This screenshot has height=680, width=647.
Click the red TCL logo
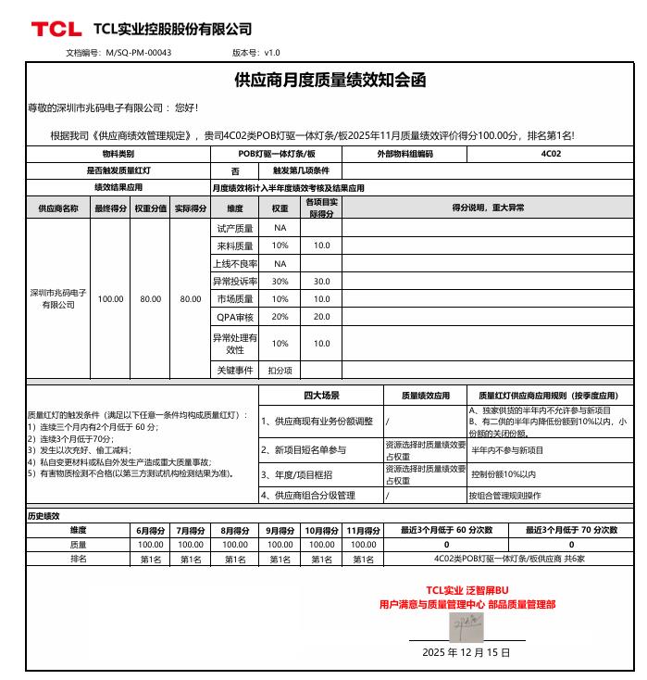[56, 29]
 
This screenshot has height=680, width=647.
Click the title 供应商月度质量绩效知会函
[330, 81]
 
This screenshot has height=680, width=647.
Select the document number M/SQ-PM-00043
[140, 53]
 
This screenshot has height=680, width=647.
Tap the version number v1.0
[272, 53]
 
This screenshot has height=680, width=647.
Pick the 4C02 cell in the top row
[552, 154]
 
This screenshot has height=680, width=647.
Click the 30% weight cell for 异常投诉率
[280, 281]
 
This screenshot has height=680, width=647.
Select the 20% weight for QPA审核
[280, 317]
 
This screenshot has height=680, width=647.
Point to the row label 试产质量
[235, 228]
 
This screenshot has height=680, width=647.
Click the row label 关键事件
[235, 370]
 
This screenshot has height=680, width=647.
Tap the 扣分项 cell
[280, 370]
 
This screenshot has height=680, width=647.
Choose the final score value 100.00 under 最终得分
[111, 299]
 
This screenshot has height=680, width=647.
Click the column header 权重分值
[150, 208]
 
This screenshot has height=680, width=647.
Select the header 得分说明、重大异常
[488, 208]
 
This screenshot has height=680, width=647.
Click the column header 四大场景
[321, 396]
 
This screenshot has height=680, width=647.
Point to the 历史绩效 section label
[44, 516]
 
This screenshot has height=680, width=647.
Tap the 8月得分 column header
[235, 531]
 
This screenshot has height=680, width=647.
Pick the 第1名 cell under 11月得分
[363, 560]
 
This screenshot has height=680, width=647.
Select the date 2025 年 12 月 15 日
[466, 652]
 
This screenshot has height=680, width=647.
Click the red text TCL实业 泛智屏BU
[467, 590]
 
